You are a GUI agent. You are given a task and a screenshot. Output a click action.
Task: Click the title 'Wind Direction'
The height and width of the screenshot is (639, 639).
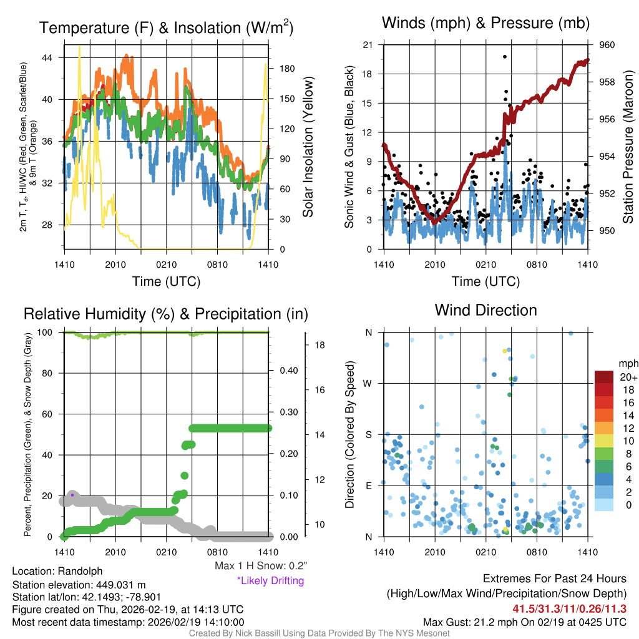[x=485, y=310]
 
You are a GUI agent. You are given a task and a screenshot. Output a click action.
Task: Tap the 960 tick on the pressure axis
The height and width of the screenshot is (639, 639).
[x=607, y=45]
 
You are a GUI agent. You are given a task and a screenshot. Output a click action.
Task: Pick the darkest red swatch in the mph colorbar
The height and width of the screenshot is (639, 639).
[x=605, y=377]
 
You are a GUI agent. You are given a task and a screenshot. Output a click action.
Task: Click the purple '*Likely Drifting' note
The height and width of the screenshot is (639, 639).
[x=270, y=580]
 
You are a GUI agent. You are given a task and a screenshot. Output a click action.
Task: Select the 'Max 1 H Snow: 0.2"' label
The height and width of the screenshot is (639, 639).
[x=261, y=566]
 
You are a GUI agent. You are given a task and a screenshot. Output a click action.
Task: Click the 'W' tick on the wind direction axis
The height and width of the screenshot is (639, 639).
[x=368, y=383]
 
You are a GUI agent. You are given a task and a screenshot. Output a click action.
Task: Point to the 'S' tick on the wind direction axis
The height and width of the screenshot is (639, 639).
[x=368, y=434]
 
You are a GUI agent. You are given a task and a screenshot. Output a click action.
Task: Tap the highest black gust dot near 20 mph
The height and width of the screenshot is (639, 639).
[x=504, y=57]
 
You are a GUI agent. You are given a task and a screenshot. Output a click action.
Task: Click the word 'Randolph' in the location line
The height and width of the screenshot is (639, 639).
[x=80, y=571]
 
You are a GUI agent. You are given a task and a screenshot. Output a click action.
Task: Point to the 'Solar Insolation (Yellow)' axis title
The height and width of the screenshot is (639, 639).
[x=307, y=147]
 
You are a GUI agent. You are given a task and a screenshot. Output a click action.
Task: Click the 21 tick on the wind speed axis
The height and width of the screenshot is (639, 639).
[x=368, y=45]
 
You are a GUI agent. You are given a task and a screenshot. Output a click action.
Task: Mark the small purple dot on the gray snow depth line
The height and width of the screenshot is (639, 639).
[x=72, y=495]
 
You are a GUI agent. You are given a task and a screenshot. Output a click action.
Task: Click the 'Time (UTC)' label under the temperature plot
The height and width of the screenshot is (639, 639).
[x=166, y=281]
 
